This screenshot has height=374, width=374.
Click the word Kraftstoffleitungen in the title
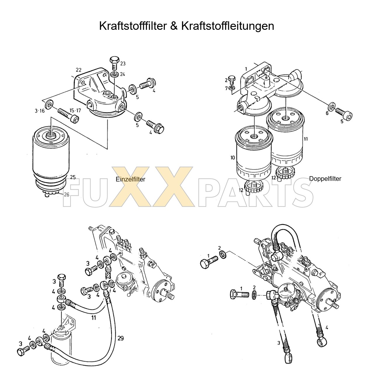tap(227, 26)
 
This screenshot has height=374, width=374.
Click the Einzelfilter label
tap(130, 179)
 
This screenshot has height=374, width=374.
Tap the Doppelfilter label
tap(325, 179)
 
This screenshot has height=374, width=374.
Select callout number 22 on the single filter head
tap(78, 70)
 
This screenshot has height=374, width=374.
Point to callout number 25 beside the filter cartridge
tap(73, 177)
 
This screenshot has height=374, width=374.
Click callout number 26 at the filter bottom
tap(67, 194)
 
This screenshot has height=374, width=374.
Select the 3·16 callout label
tap(39, 111)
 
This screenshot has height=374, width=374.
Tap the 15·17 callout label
tap(75, 110)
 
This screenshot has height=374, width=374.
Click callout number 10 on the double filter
tap(233, 158)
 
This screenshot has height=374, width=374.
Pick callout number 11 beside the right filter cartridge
tap(306, 139)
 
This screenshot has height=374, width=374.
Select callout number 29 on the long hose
tap(120, 338)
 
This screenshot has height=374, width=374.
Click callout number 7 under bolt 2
tap(226, 88)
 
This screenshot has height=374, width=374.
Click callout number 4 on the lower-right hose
tap(327, 328)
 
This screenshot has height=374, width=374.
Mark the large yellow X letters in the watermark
tap(152, 187)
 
